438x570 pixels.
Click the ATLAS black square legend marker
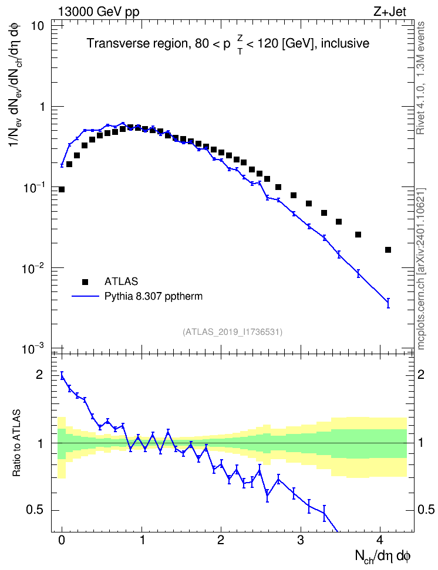click(85, 281)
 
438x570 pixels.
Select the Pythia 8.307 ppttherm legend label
click(153, 296)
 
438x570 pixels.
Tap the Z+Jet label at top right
click(390, 12)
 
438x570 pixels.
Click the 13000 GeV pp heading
click(99, 12)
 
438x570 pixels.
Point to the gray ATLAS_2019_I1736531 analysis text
click(233, 332)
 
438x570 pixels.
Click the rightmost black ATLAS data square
click(388, 250)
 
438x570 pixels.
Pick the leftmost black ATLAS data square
click(62, 189)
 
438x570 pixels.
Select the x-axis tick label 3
click(301, 540)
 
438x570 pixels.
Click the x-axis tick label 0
click(62, 540)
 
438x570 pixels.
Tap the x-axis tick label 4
click(380, 540)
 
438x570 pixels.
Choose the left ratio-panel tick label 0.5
click(34, 510)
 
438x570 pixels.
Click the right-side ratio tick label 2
click(421, 374)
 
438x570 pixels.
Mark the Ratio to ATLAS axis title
click(16, 443)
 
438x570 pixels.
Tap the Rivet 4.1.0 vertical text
click(420, 78)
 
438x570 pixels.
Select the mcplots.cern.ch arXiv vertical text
click(420, 269)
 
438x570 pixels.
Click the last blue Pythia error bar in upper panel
click(388, 303)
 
